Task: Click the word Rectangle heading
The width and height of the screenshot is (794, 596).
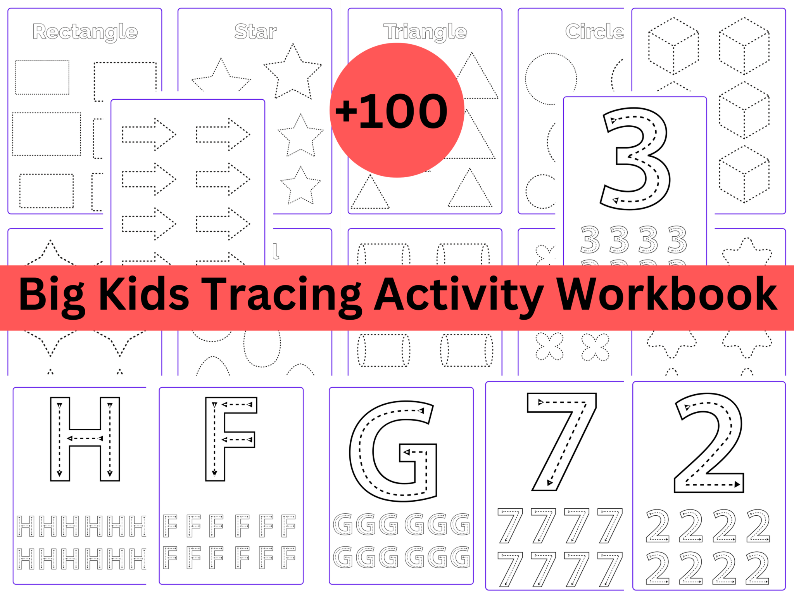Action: pos(85,32)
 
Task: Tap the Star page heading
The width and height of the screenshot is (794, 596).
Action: pos(255,31)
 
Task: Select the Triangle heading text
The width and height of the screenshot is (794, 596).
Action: pos(425,32)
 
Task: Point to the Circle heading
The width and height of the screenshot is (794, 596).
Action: pos(594,31)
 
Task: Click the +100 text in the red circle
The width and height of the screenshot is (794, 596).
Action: pos(392,111)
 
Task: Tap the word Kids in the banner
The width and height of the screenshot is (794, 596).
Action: pos(144,295)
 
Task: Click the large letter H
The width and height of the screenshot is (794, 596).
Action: pos(85,439)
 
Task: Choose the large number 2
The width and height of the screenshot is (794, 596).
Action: pos(709,442)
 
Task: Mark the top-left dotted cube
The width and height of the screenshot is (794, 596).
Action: pos(673,46)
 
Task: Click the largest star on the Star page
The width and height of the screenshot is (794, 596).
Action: pos(293,72)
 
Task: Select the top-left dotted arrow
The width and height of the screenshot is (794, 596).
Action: pos(149,135)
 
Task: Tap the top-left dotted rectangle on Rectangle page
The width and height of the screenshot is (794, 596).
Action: pos(42,77)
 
